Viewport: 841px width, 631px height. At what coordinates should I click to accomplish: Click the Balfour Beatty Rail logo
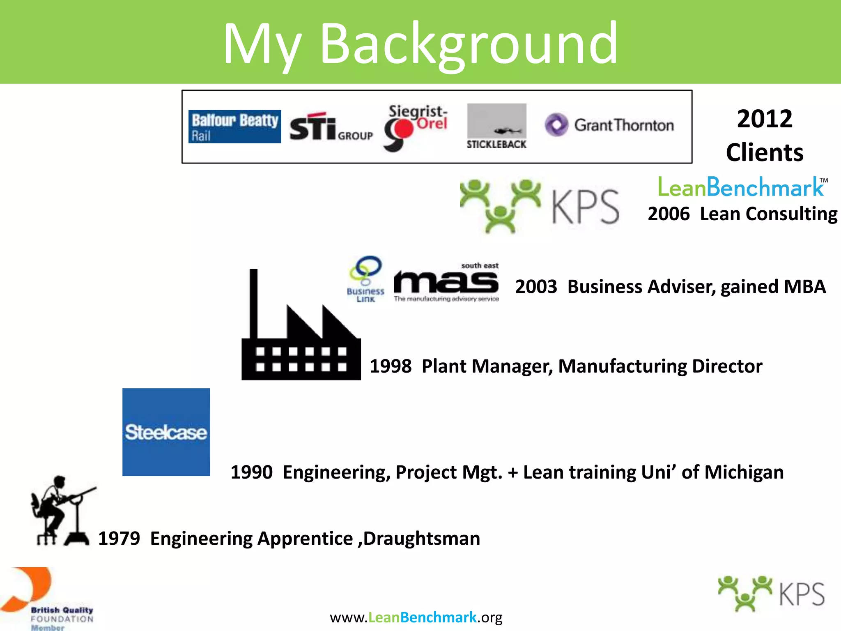(234, 127)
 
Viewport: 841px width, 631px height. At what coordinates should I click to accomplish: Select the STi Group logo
(331, 127)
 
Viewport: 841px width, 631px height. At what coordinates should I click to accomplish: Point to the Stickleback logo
(496, 127)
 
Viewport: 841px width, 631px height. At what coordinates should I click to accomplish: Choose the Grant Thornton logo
(609, 125)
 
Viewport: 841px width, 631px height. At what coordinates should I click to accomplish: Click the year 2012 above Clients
(764, 119)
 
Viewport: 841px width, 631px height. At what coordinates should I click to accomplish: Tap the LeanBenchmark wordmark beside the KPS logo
(741, 187)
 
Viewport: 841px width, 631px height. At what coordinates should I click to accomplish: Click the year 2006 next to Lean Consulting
(669, 214)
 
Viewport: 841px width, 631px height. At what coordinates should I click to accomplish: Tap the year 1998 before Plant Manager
(391, 366)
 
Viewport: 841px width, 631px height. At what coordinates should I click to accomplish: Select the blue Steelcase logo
(166, 432)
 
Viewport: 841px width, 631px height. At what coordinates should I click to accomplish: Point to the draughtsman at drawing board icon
(62, 511)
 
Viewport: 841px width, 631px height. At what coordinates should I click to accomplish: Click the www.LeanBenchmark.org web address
(416, 617)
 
